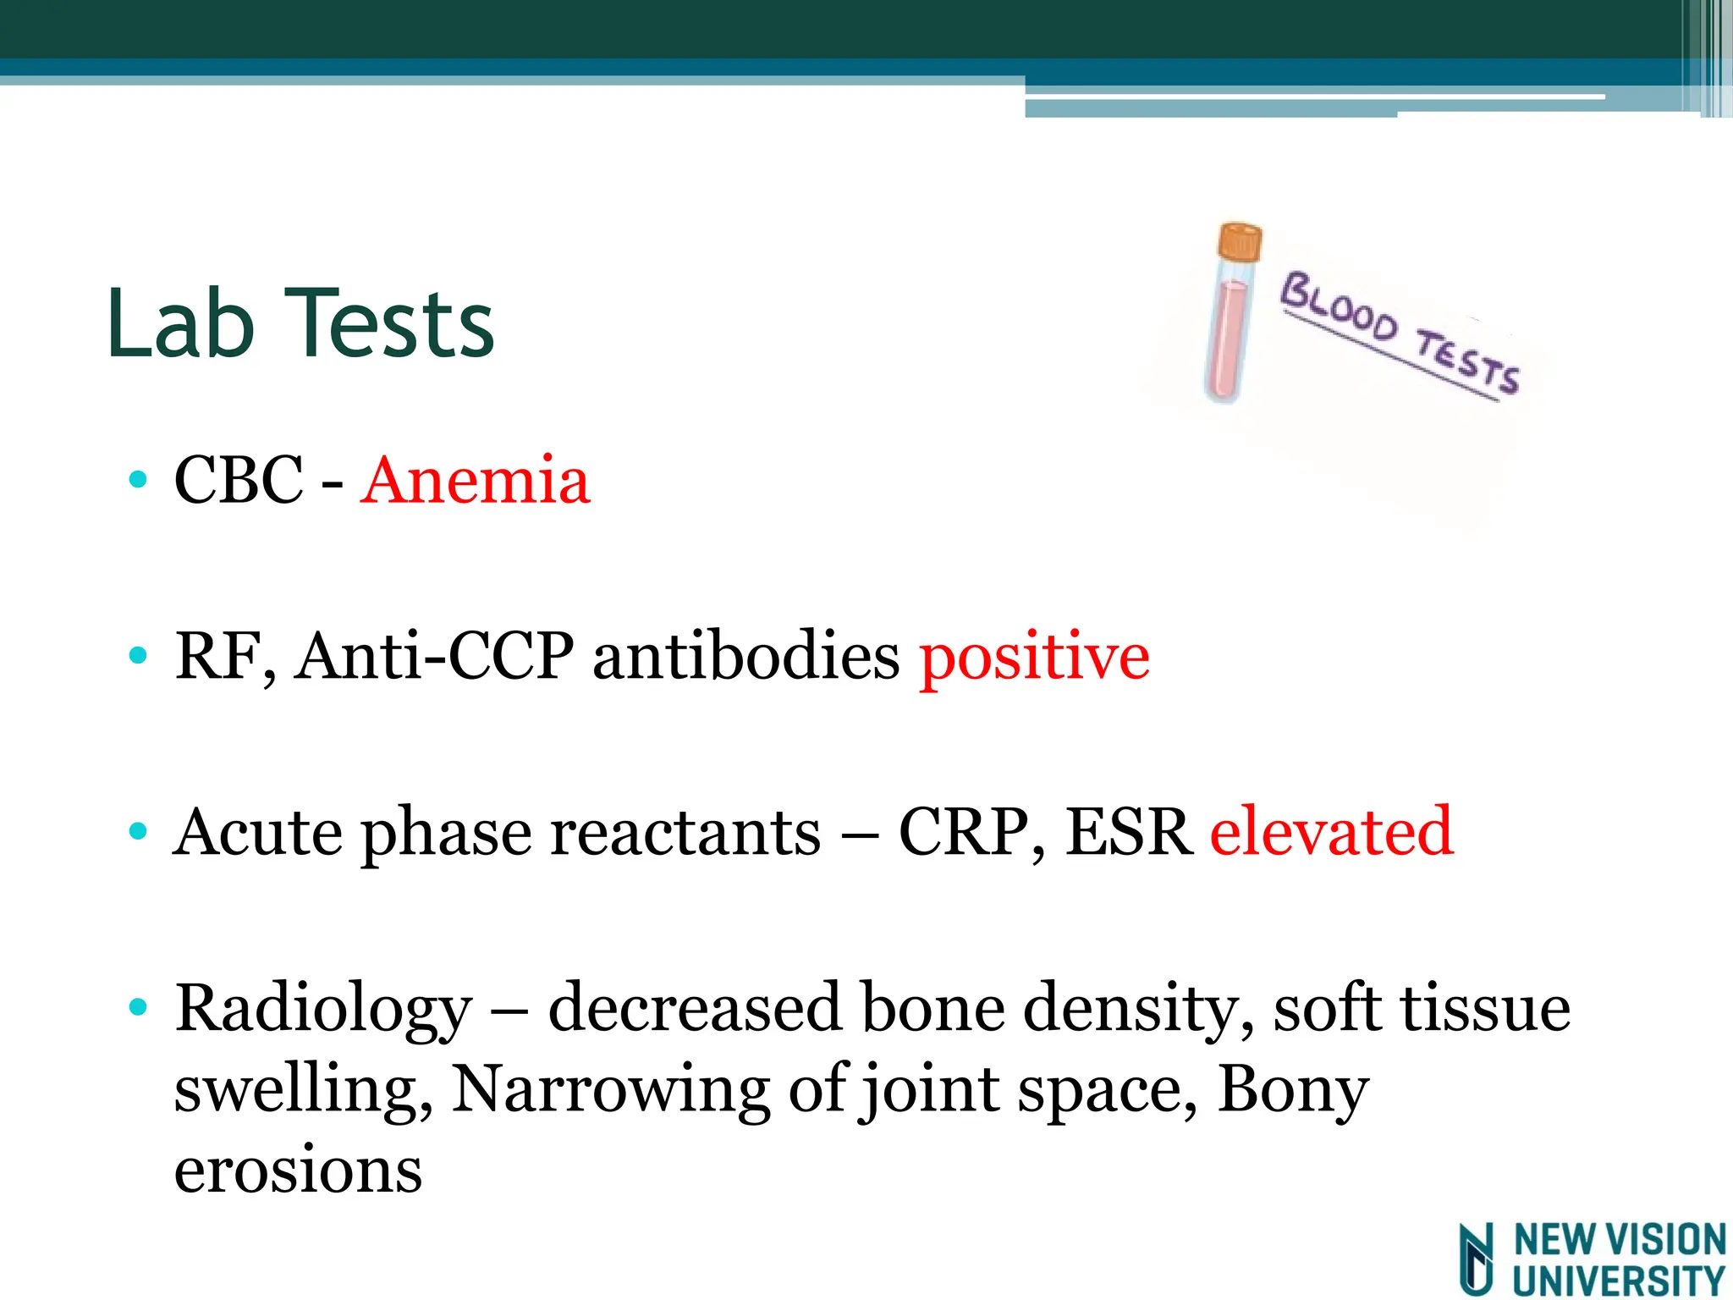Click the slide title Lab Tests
[300, 324]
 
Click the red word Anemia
[475, 481]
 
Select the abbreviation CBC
[239, 481]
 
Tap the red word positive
[1034, 658]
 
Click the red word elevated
[1331, 832]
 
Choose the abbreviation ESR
[1128, 832]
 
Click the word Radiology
[323, 1010]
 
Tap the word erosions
[298, 1171]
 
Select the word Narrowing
[610, 1089]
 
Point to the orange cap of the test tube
[1240, 242]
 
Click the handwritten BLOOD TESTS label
[1400, 334]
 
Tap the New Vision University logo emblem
[1477, 1259]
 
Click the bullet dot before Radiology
[138, 1008]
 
